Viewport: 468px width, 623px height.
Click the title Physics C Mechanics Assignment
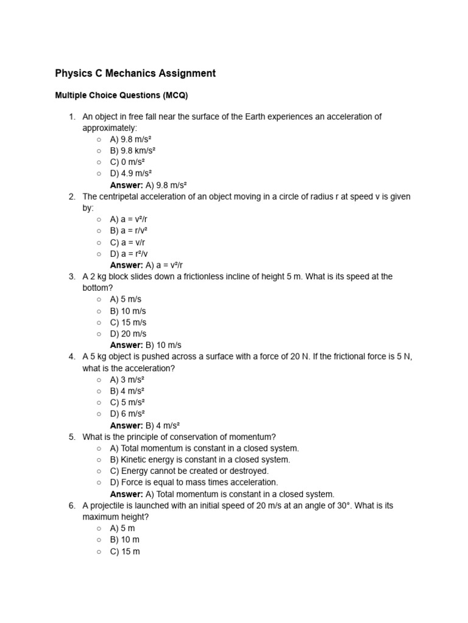coord(135,74)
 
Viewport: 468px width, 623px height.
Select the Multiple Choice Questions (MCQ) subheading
coord(122,96)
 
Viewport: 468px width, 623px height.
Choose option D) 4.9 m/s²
coord(130,173)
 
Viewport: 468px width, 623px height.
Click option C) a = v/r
coord(127,242)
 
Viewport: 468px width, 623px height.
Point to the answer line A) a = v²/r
coord(146,265)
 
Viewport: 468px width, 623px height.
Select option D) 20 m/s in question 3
coord(128,334)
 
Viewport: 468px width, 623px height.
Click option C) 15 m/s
coord(128,322)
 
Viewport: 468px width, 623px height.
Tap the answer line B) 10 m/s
coord(146,345)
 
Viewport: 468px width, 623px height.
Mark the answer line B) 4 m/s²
coord(145,425)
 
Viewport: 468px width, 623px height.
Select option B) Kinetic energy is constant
coord(200,459)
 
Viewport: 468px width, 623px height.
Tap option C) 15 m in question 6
coord(125,551)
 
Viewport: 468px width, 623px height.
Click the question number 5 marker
coord(71,437)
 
